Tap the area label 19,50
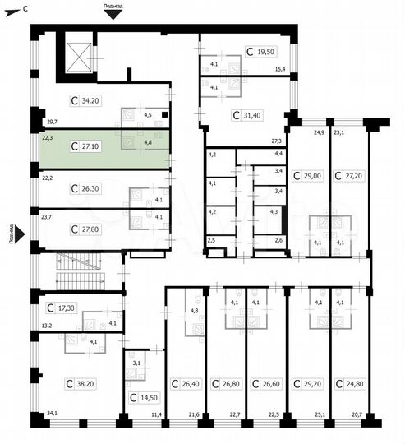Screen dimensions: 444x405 265,51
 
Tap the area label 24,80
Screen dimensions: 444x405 355,383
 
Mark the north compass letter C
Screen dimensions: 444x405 25,7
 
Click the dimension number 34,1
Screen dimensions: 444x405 53,414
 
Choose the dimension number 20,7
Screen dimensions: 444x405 357,414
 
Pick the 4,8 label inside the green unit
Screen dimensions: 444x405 148,142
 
